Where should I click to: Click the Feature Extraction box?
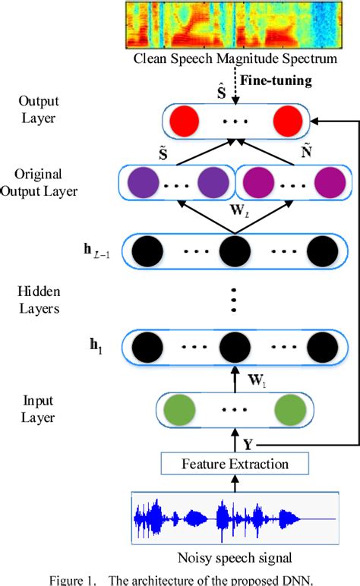coord(236,462)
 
